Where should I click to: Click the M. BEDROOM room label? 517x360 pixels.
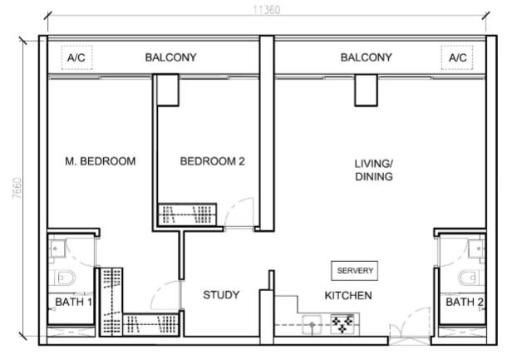[x=100, y=161]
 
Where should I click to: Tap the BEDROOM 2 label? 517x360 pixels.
[x=212, y=161]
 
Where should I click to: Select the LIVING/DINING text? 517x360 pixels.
[x=373, y=170]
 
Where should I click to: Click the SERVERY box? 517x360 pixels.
[x=355, y=271]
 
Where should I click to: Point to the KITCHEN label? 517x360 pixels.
[x=347, y=295]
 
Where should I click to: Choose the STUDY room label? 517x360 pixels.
[x=221, y=295]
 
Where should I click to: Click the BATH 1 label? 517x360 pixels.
[x=73, y=302]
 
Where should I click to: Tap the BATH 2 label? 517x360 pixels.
[x=464, y=302]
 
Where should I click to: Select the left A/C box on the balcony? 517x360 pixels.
[x=76, y=57]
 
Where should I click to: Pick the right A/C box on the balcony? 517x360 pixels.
[x=458, y=57]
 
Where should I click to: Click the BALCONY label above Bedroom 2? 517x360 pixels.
[x=170, y=57]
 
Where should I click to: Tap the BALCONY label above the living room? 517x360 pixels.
[x=366, y=57]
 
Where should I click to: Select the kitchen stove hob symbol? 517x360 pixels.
[x=342, y=323]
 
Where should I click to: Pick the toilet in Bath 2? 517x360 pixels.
[x=471, y=277]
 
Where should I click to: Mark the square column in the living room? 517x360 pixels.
[x=367, y=90]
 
